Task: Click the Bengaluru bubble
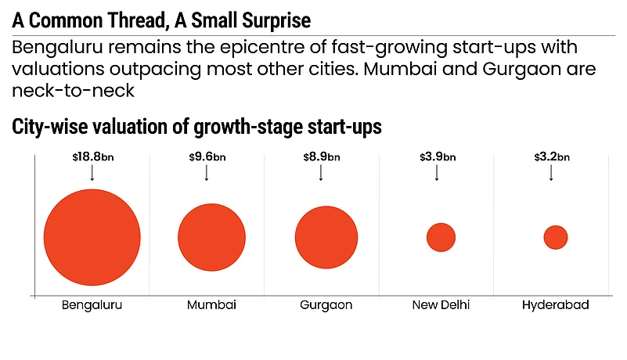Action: pyautogui.click(x=92, y=236)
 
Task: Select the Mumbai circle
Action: pyautogui.click(x=207, y=237)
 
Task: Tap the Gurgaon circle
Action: pyautogui.click(x=326, y=237)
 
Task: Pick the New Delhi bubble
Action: pyautogui.click(x=441, y=237)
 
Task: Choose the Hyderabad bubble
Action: pyautogui.click(x=555, y=237)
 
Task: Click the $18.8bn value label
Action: pyautogui.click(x=92, y=157)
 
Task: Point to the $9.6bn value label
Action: pyautogui.click(x=207, y=157)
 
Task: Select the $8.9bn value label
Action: pyautogui.click(x=321, y=157)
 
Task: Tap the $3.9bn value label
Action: pyautogui.click(x=436, y=157)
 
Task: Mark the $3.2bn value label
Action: pyautogui.click(x=550, y=157)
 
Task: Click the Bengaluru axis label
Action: pyautogui.click(x=92, y=304)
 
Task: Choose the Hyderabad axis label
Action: pyautogui.click(x=555, y=304)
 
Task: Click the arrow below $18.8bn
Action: pyautogui.click(x=92, y=173)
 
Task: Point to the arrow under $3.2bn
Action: pyautogui.click(x=550, y=173)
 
